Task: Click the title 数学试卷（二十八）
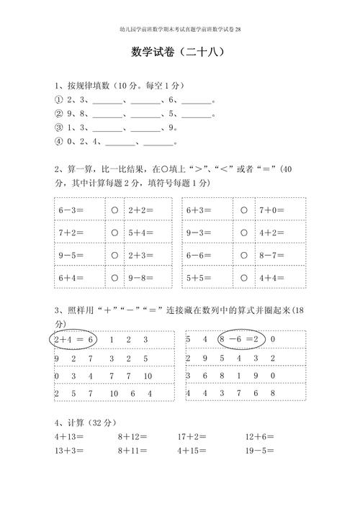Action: [x=179, y=52]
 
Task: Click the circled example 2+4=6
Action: [x=75, y=340]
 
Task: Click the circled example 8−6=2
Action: [x=240, y=339]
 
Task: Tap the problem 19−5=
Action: [x=259, y=451]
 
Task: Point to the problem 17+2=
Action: [x=192, y=436]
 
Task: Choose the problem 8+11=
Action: [x=132, y=451]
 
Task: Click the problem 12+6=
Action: [x=259, y=436]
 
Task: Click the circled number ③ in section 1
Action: [x=58, y=128]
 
